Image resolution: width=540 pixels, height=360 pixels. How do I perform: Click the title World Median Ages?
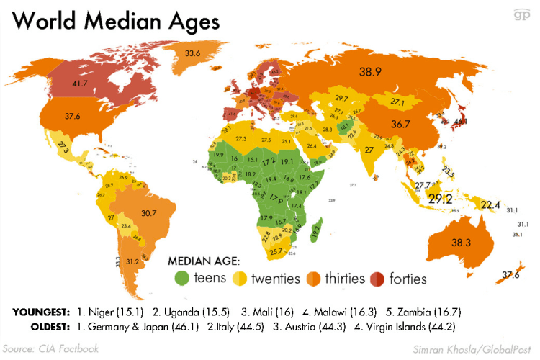point(116,22)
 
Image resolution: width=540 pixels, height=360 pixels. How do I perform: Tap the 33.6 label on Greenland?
point(192,53)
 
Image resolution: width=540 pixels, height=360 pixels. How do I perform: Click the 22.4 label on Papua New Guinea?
point(490,205)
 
